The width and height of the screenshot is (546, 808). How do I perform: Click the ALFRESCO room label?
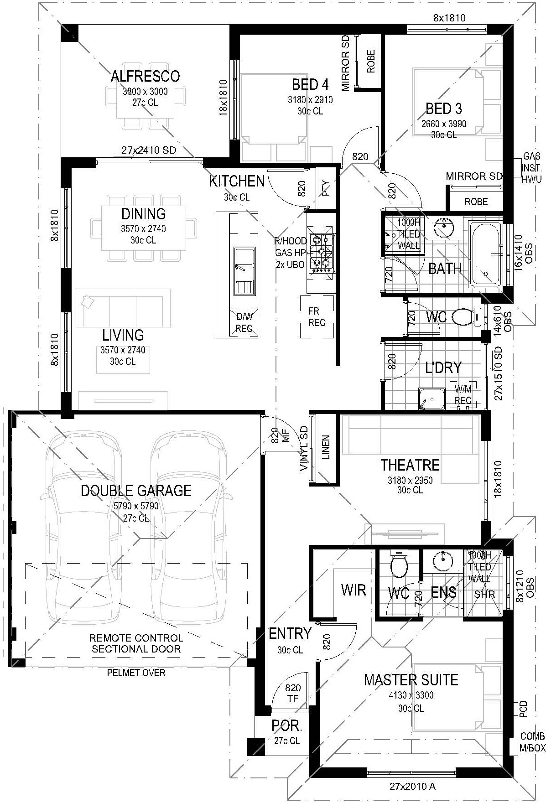tap(145, 76)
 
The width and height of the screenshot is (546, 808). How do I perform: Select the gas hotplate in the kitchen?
tap(321, 253)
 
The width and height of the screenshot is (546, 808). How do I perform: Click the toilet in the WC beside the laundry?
tap(465, 316)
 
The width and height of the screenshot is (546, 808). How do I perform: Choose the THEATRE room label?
tap(410, 465)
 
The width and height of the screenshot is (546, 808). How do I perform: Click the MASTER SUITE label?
tap(411, 680)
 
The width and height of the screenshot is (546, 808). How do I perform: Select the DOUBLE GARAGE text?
tap(136, 491)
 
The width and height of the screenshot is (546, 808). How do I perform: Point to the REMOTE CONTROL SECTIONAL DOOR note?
tap(136, 643)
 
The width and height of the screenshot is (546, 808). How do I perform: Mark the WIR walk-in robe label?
tap(354, 590)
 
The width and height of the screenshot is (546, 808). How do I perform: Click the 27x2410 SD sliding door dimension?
tap(149, 150)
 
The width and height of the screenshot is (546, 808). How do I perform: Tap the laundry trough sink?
tap(432, 399)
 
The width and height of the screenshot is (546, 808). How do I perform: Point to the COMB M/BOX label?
tap(532, 742)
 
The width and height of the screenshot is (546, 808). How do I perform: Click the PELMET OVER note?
tap(136, 673)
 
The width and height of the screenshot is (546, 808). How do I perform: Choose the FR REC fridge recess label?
tap(317, 317)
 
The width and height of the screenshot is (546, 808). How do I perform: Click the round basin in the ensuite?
tap(442, 561)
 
